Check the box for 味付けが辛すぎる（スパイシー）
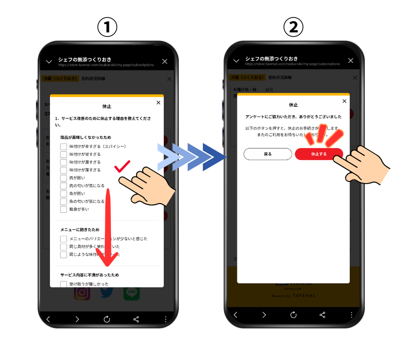(x=63, y=147)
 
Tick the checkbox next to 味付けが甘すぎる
(x=63, y=154)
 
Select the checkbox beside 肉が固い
(x=63, y=178)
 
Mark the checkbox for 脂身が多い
(x=63, y=209)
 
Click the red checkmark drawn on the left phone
(x=122, y=166)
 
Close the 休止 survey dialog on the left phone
(x=158, y=102)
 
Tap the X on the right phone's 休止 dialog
(x=344, y=101)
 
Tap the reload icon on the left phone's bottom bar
(x=107, y=319)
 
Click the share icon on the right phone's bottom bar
(x=323, y=315)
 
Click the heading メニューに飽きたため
(x=83, y=229)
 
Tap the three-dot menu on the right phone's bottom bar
(x=351, y=315)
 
